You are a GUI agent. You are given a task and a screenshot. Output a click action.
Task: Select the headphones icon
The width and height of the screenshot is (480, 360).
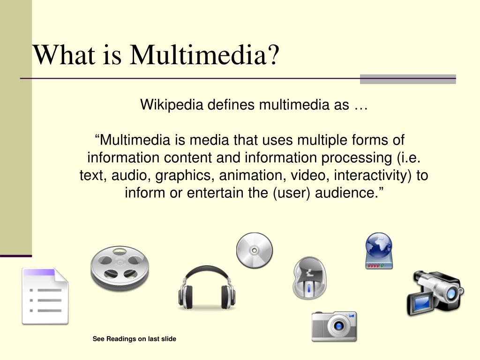pos(207,288)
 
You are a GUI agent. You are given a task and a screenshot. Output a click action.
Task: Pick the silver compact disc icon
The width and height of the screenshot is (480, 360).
pos(254,250)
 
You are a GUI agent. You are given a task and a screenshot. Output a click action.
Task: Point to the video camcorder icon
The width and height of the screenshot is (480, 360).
pos(434,292)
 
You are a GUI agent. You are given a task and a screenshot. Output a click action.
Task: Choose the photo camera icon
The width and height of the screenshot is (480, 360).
pos(334,326)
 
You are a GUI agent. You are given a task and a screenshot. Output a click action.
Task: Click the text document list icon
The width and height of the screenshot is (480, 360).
pos(45,296)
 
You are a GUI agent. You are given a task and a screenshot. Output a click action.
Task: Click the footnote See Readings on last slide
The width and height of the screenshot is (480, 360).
pos(135,339)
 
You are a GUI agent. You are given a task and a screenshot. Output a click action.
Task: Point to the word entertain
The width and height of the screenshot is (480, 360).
pos(216,193)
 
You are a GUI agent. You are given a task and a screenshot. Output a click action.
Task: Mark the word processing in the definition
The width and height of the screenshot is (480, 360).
pos(357,158)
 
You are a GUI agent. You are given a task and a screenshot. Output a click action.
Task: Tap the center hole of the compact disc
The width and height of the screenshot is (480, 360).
pos(254,250)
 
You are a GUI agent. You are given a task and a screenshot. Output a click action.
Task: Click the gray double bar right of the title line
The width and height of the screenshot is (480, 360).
pos(408,79)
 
